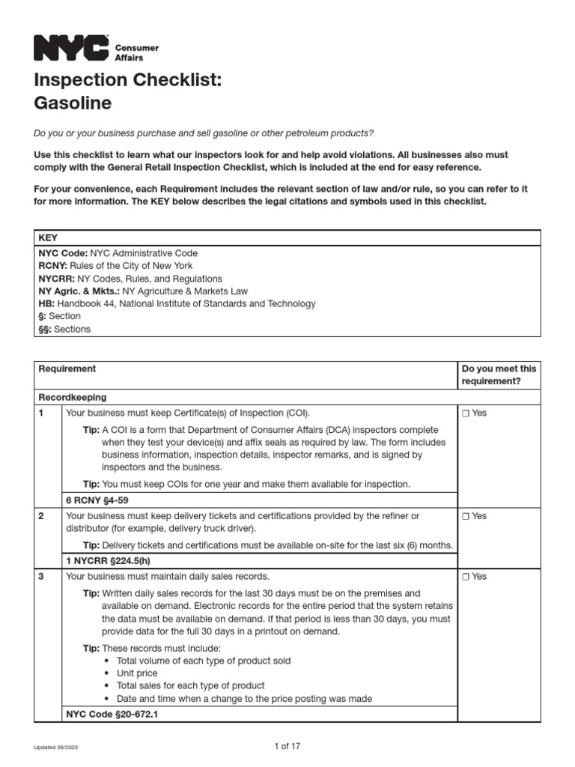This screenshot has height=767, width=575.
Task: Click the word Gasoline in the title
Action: (x=72, y=103)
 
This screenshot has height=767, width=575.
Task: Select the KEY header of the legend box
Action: (x=47, y=237)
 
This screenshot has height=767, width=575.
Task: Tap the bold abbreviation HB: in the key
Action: (x=46, y=304)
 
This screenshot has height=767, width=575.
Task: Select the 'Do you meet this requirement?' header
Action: (x=499, y=375)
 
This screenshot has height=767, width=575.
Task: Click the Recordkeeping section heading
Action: (x=72, y=397)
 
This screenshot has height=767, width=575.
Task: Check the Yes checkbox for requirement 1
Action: (x=466, y=413)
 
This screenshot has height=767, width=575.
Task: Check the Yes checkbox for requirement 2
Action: (x=466, y=516)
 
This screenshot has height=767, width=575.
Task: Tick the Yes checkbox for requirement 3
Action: (x=466, y=576)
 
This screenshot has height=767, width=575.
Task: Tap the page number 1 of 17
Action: (x=287, y=746)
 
